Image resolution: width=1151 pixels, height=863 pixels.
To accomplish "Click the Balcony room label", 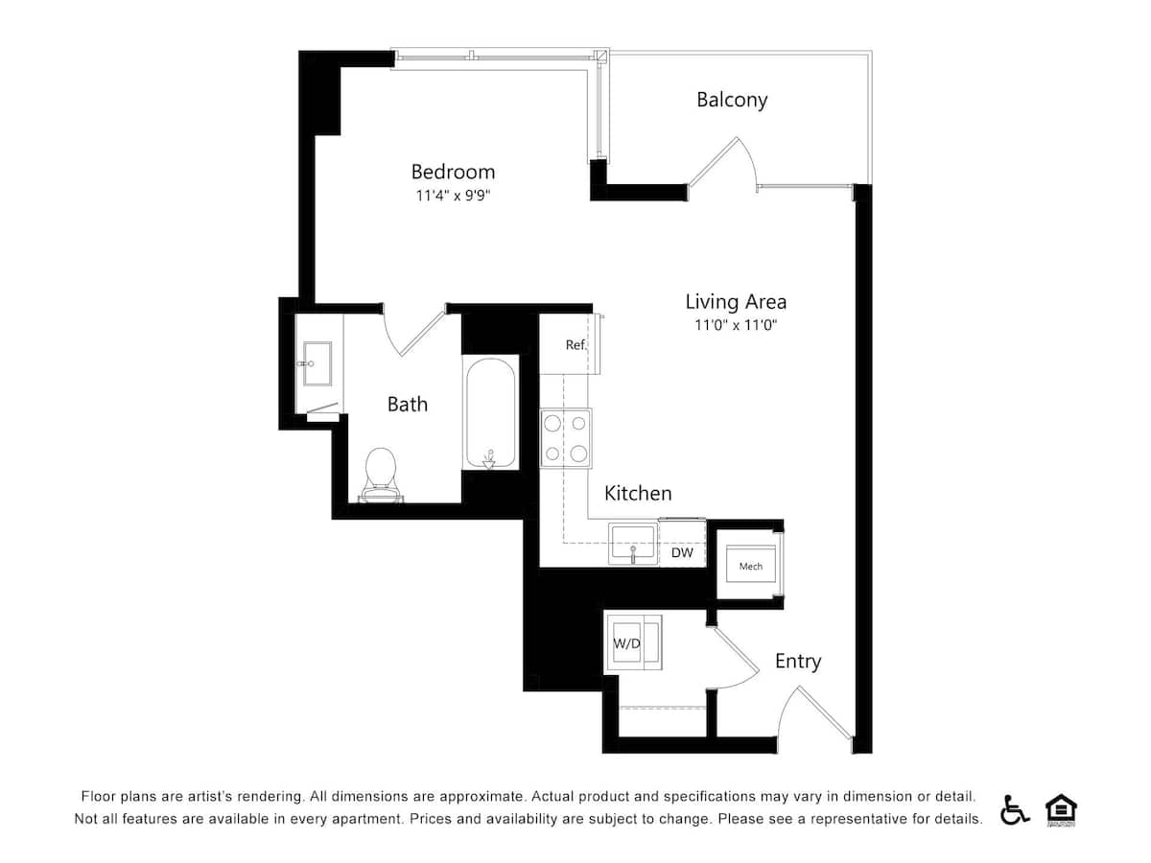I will click(732, 100).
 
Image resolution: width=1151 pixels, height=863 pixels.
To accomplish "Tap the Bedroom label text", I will click(453, 172).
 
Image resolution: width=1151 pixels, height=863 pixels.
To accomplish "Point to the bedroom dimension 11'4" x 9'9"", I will click(453, 196).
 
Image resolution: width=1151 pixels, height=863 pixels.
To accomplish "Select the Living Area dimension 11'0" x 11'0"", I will click(735, 325).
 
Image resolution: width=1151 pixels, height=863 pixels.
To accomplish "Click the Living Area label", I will click(735, 301).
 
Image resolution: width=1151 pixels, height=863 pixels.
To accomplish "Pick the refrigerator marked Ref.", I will click(570, 344).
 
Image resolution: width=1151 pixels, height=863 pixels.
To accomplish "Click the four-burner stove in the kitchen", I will click(566, 437).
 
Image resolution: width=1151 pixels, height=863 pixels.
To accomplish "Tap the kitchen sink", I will click(633, 543).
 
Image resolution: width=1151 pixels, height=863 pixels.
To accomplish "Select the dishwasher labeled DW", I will click(682, 552).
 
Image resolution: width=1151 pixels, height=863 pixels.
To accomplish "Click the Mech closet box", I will click(750, 566).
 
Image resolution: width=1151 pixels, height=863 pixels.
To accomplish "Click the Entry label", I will click(798, 662).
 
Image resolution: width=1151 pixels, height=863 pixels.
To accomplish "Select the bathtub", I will click(491, 413).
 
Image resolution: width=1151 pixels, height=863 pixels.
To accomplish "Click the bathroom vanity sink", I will click(317, 363).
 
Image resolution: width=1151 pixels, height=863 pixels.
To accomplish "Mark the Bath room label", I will click(408, 405).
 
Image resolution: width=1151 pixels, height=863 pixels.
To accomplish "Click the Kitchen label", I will click(638, 494).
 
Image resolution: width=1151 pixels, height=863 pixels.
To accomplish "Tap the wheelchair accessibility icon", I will click(1015, 810).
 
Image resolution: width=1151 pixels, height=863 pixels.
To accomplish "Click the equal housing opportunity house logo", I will click(1060, 810).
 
